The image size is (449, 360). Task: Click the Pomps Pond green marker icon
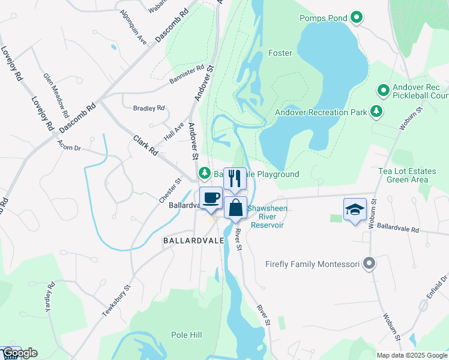[357, 18]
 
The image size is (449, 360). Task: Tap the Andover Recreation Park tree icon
[376, 111]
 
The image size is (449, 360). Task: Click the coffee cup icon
[211, 197]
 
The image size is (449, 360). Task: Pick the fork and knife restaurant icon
[235, 178]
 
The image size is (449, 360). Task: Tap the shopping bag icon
[236, 208]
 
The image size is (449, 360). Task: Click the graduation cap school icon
[355, 210]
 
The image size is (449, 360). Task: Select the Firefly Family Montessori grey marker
[370, 263]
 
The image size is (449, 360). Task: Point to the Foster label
[280, 53]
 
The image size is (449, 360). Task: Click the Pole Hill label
[189, 334]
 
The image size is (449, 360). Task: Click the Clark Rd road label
[145, 145]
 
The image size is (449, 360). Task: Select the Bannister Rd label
[186, 76]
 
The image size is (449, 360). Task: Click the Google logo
[20, 353]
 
